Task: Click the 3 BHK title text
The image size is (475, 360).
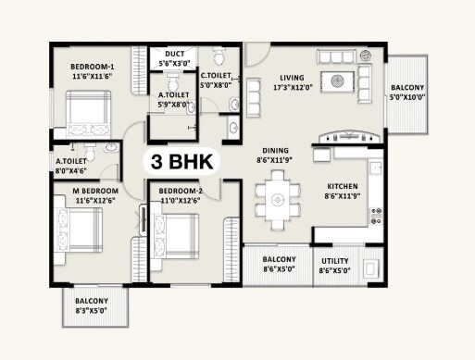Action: (181, 162)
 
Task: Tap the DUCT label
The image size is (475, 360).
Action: (175, 55)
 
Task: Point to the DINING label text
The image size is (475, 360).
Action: (274, 149)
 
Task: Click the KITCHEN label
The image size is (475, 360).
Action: (342, 185)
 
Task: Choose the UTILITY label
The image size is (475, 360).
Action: (334, 261)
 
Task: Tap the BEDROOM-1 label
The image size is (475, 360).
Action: (93, 68)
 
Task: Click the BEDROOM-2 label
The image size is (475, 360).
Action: (181, 191)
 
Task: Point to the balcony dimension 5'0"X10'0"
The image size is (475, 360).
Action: (406, 96)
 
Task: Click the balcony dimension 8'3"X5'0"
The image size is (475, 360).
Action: (93, 312)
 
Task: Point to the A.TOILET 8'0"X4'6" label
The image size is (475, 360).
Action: (70, 165)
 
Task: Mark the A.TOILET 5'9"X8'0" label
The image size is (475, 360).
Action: (173, 100)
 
